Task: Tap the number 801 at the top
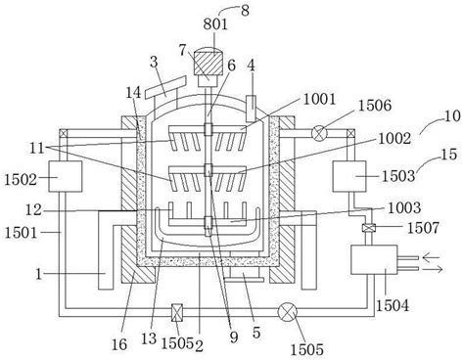tap(215, 24)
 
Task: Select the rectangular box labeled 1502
tap(66, 176)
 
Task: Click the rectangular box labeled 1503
tap(349, 176)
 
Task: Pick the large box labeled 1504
tap(374, 260)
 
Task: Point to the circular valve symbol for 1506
tap(319, 133)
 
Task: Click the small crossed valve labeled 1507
tap(368, 228)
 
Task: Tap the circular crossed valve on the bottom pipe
tap(288, 312)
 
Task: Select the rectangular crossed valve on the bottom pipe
tap(177, 313)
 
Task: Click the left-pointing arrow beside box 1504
tap(431, 257)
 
